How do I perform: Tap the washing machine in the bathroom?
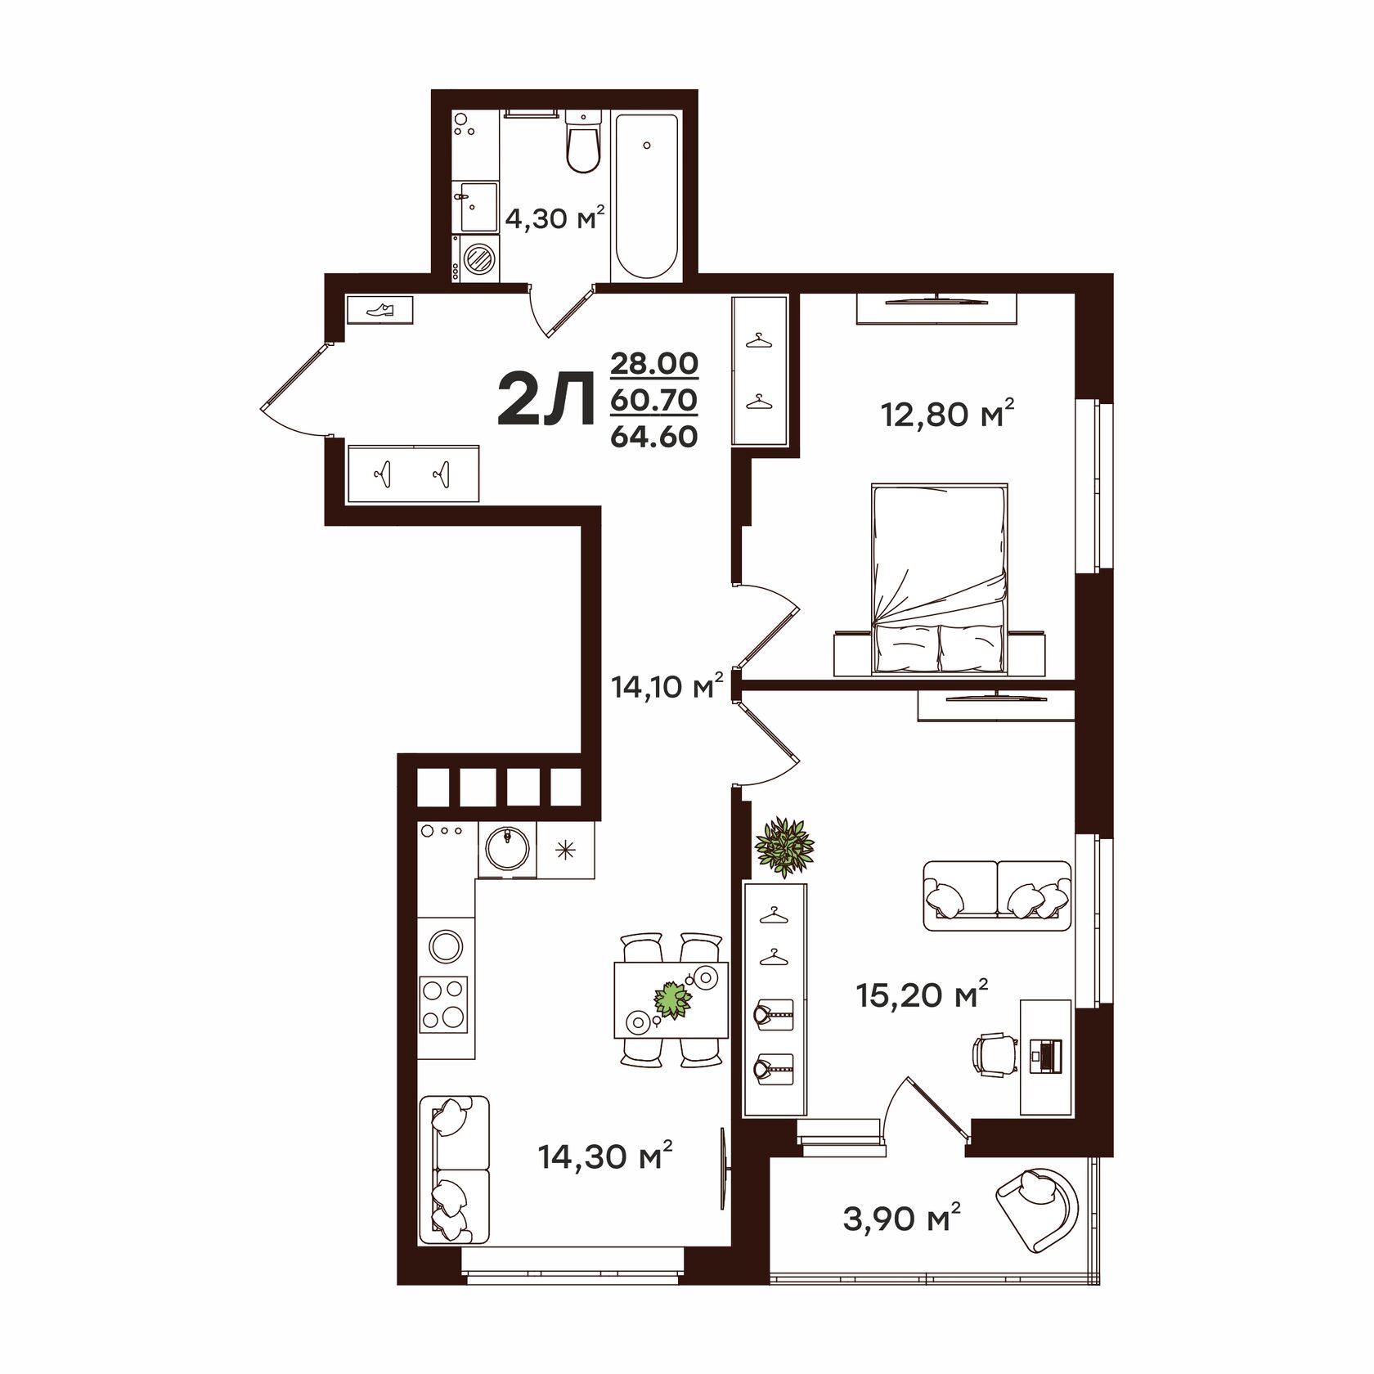click(x=477, y=258)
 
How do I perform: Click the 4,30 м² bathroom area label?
click(x=555, y=218)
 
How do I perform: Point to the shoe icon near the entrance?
click(x=380, y=310)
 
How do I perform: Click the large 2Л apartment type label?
click(x=546, y=399)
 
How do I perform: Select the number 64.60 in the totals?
click(x=654, y=437)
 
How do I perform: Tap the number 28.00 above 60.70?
click(x=654, y=362)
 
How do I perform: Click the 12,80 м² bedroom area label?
click(x=947, y=415)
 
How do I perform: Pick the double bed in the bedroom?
click(x=939, y=580)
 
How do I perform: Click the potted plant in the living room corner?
click(x=784, y=847)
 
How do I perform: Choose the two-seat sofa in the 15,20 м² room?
click(x=997, y=896)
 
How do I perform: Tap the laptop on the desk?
click(x=1046, y=1054)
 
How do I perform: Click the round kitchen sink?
click(x=507, y=848)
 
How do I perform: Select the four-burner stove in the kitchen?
click(x=444, y=1004)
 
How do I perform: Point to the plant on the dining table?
click(x=672, y=999)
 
